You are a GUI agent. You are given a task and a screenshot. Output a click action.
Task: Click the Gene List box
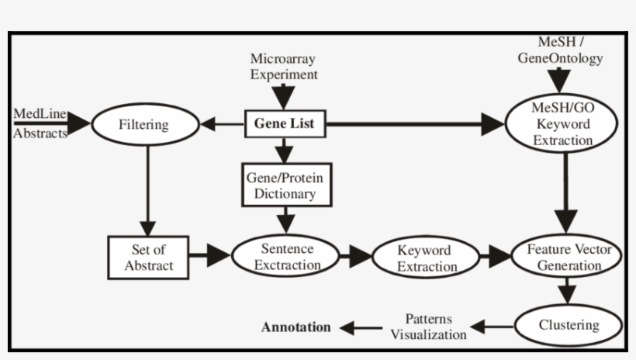coord(285,123)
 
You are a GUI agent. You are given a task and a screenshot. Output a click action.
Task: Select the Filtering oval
coord(144,124)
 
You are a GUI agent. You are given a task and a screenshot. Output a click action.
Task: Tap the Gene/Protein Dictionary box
coord(285,185)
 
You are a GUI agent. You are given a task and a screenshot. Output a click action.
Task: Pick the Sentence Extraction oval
coord(286,257)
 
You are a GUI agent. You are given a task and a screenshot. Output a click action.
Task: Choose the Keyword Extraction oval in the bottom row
coord(426,258)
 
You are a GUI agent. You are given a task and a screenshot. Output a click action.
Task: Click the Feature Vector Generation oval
coord(567,258)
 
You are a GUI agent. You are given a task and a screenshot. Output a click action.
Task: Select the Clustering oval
coord(569,325)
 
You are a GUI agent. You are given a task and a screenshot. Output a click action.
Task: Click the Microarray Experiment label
coord(284,67)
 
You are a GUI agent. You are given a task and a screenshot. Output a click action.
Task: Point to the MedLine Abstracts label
coord(40,124)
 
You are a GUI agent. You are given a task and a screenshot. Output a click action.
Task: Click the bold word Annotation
coord(296,327)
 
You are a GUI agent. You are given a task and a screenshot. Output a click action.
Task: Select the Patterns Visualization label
coord(428,327)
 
